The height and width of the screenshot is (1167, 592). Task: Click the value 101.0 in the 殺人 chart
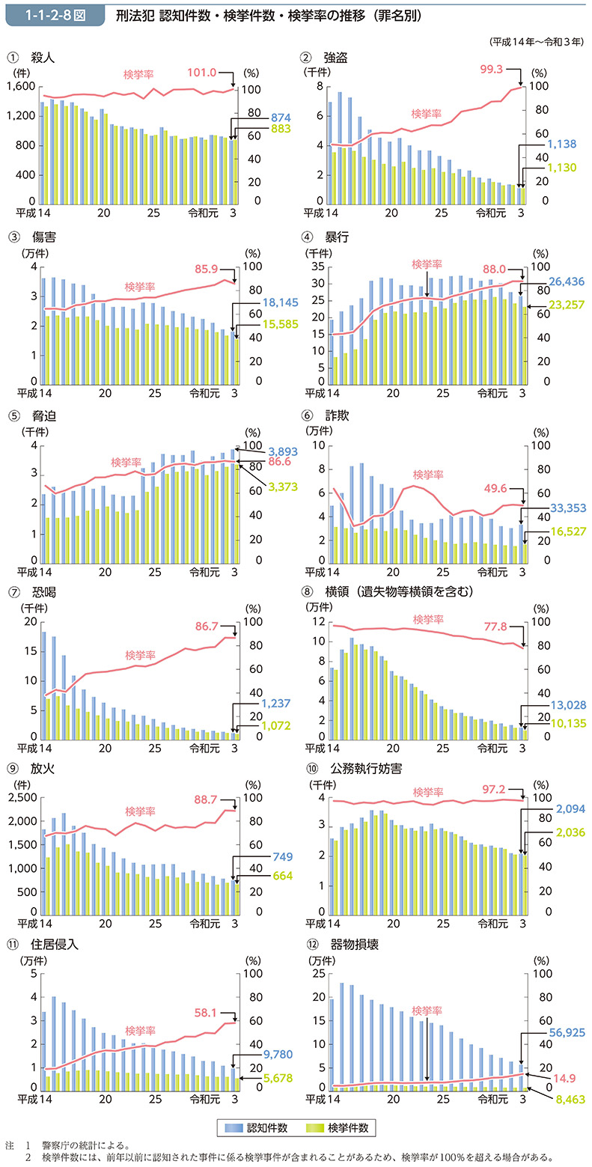202,73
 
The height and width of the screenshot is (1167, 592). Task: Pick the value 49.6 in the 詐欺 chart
496,487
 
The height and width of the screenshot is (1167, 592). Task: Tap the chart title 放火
42,769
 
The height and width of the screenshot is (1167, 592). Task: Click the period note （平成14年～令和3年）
534,42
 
